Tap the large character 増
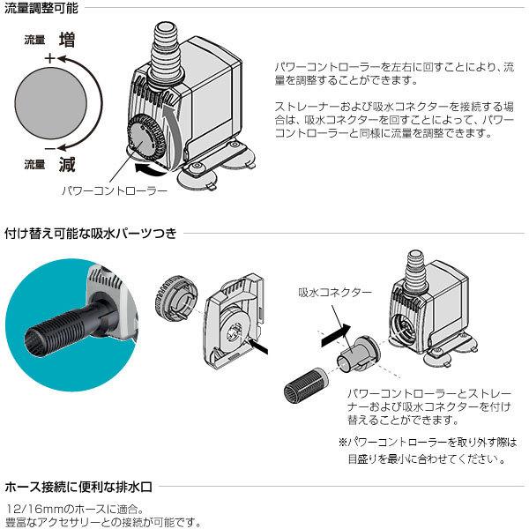[x=67, y=40]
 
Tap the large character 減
[x=67, y=163]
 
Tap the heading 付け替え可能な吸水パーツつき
[x=91, y=234]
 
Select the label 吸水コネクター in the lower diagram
[x=334, y=292]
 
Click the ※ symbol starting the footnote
[x=343, y=442]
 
